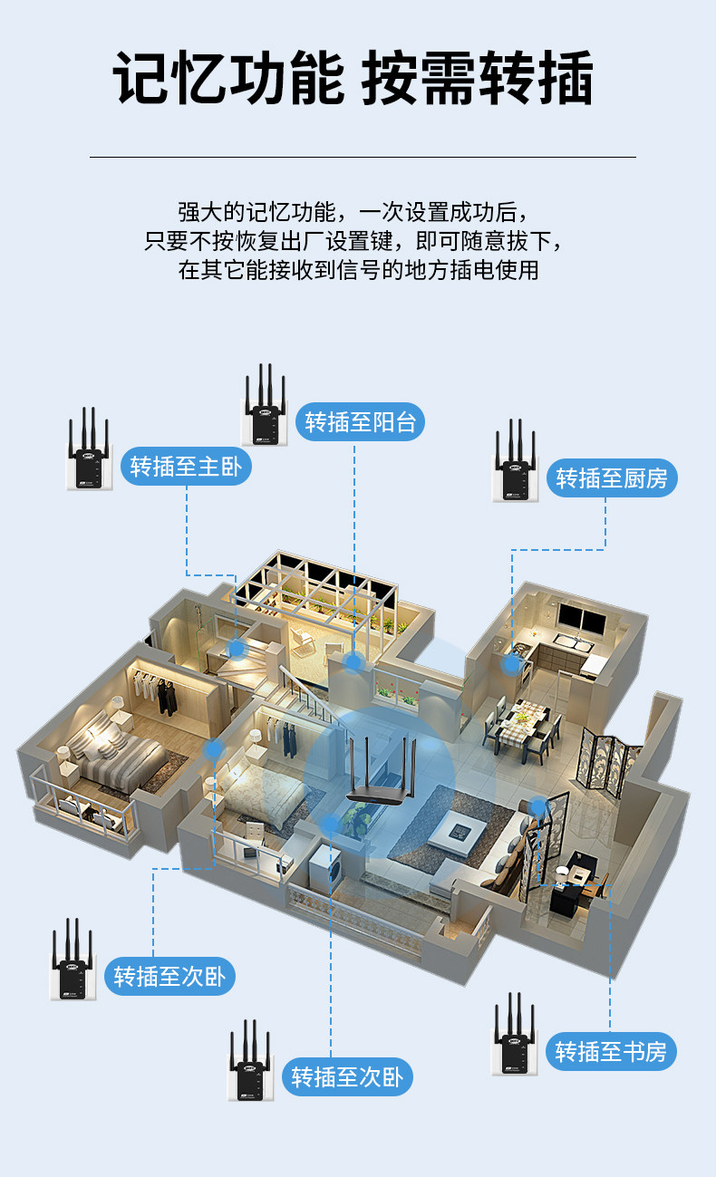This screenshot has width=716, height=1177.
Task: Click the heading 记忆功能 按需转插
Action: [x=353, y=80]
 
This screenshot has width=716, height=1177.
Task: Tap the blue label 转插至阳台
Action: [x=360, y=421]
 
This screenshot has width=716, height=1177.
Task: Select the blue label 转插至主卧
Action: [x=186, y=467]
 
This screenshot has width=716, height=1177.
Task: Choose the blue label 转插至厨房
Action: [x=612, y=478]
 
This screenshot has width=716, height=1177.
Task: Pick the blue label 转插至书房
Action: [x=611, y=1051]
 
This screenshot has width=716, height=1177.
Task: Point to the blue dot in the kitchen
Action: [x=513, y=663]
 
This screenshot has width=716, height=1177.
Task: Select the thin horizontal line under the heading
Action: [x=363, y=157]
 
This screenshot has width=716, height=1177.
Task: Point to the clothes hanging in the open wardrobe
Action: [x=163, y=695]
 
